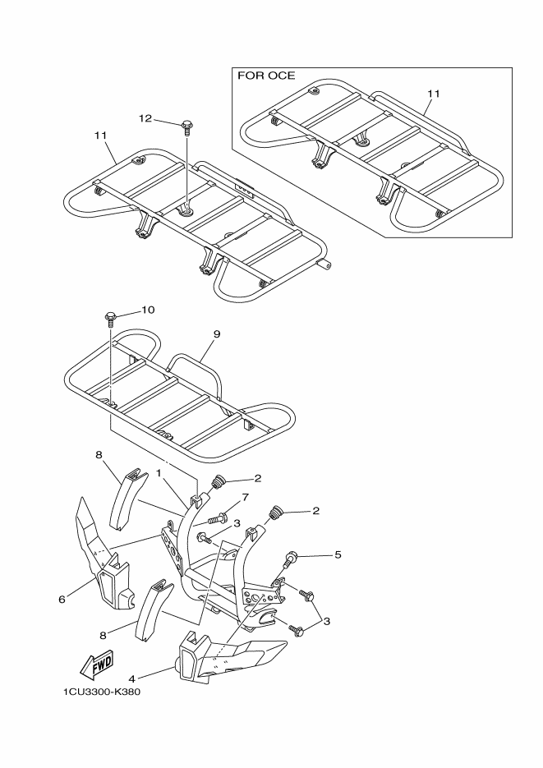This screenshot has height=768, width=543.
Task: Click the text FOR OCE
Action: point(265,76)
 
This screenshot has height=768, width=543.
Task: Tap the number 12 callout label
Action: point(145,119)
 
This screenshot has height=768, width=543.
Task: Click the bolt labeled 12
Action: point(188,126)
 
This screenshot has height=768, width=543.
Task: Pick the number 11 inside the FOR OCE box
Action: point(433,94)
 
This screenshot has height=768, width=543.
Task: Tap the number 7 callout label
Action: point(243,499)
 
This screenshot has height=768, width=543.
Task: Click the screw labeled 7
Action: point(217,519)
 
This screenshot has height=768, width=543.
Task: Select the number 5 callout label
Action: point(337,555)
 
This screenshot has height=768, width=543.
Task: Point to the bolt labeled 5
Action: point(289,562)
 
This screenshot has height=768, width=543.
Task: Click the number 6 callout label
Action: point(62,600)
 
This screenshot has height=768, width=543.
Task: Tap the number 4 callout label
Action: point(131,678)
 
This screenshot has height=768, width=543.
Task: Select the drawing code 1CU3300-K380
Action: point(101,692)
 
